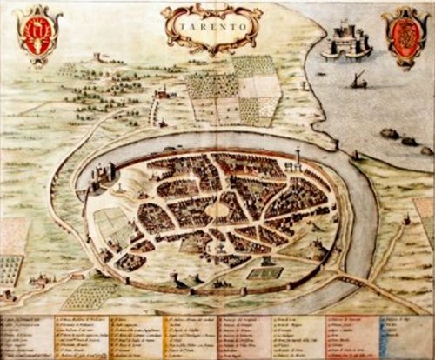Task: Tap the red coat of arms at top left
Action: click(39, 36)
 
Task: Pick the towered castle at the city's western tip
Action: click(97, 178)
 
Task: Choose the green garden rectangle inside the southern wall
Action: click(258, 273)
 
